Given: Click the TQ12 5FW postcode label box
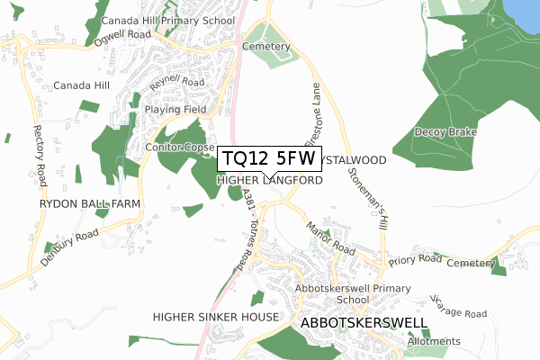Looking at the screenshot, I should (x=267, y=159).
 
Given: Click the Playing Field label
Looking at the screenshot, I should (x=175, y=110).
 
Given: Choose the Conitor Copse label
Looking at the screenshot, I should (x=179, y=147).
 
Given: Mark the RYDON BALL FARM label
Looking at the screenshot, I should (x=89, y=205).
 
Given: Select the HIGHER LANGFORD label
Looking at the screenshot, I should (x=270, y=181).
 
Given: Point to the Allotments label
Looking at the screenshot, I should (x=433, y=341).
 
